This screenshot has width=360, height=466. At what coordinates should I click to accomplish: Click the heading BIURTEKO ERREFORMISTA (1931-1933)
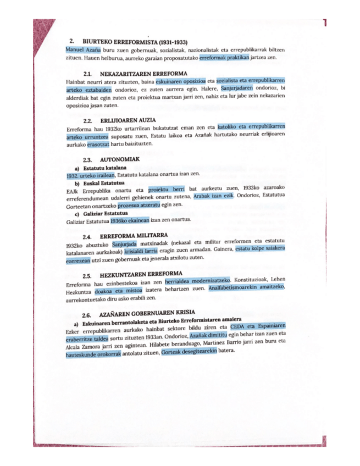tap(132, 41)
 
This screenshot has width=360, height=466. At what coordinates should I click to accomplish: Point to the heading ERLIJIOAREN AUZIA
tap(129, 120)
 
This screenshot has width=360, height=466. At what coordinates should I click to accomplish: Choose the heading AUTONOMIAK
tap(121, 159)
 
